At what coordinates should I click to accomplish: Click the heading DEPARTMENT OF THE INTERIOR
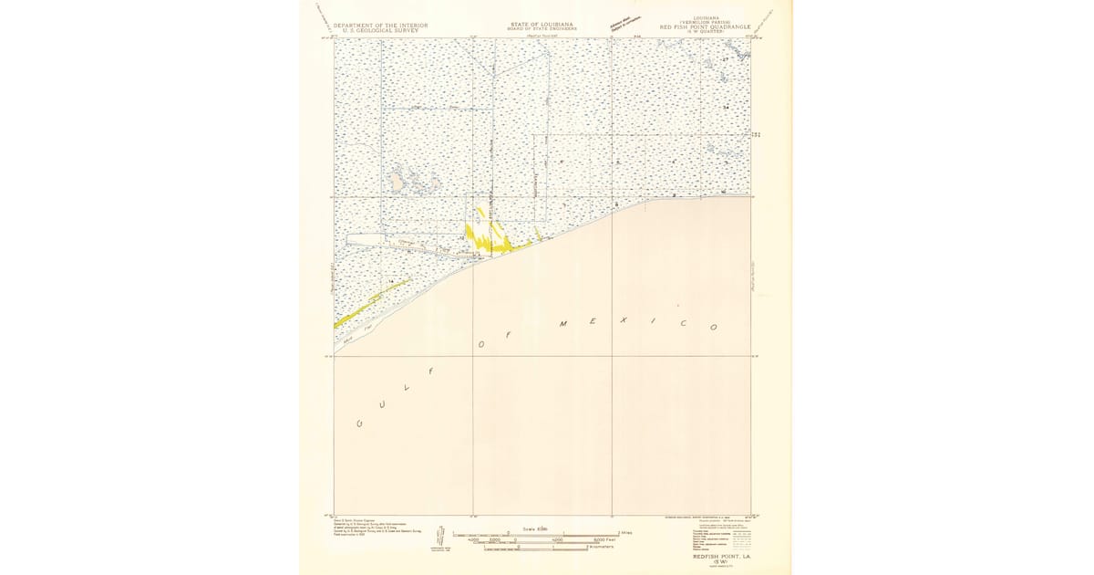tap(380, 26)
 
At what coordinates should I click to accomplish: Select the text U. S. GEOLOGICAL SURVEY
tap(380, 30)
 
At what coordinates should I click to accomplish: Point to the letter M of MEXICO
tap(563, 324)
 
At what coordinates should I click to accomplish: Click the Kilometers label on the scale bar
tap(601, 547)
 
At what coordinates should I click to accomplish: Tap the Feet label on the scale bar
tap(603, 540)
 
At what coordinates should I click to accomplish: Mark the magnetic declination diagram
tap(441, 538)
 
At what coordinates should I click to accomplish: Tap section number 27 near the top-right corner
tap(726, 59)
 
